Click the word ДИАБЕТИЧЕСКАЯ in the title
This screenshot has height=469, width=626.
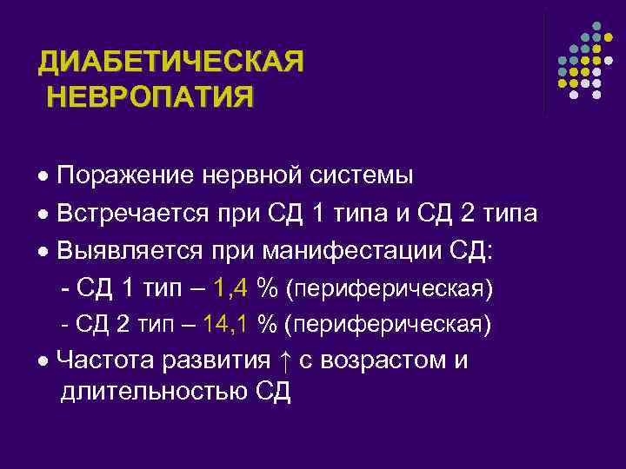(x=171, y=63)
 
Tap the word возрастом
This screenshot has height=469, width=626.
(x=385, y=360)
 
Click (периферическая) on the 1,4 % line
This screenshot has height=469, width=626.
(x=390, y=288)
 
